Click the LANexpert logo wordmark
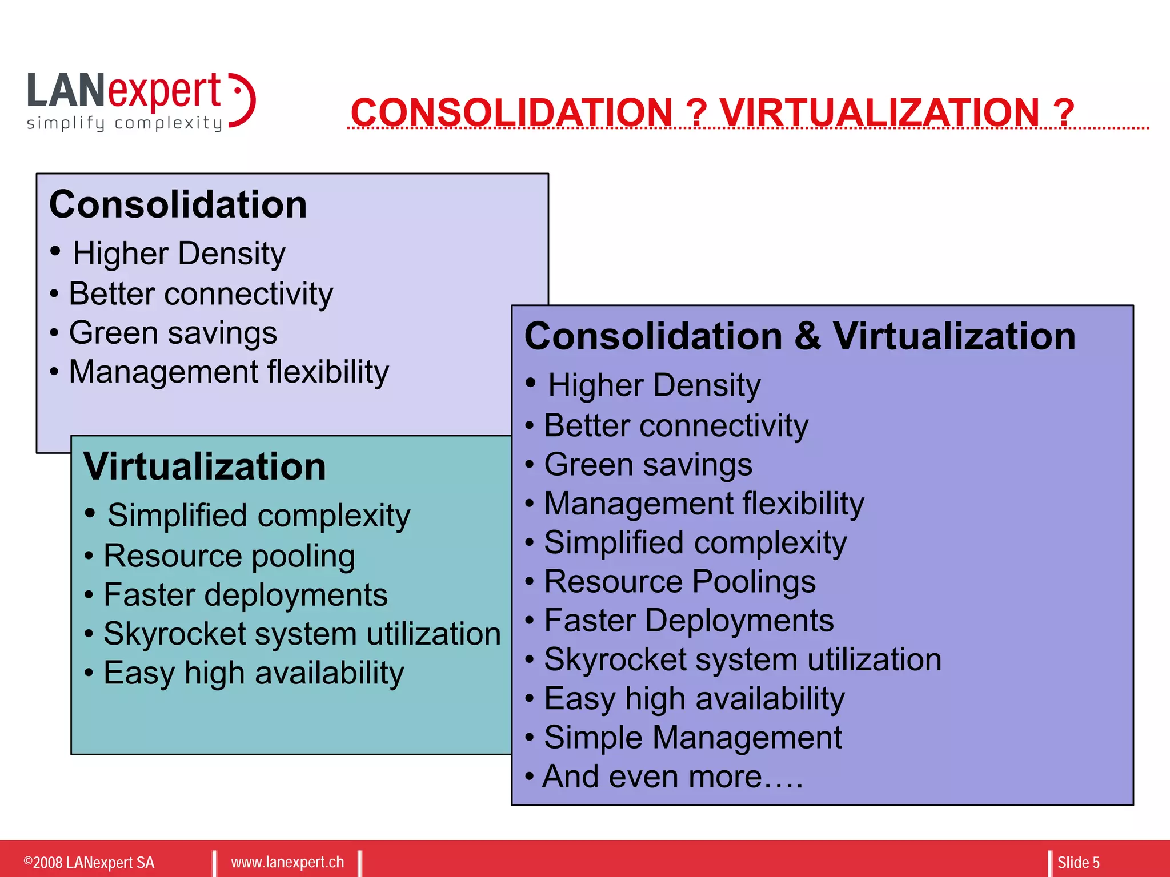pyautogui.click(x=125, y=91)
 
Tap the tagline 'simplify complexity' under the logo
pyautogui.click(x=125, y=123)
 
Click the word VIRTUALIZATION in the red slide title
pyautogui.click(x=879, y=112)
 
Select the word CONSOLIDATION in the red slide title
pyautogui.click(x=511, y=112)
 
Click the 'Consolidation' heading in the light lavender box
pyautogui.click(x=178, y=204)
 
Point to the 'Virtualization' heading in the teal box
pyautogui.click(x=205, y=466)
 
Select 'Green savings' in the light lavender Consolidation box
pyautogui.click(x=173, y=333)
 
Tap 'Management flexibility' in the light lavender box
pyautogui.click(x=229, y=372)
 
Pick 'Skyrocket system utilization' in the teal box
pyautogui.click(x=302, y=634)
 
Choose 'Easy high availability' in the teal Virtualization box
pyautogui.click(x=253, y=673)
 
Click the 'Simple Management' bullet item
pyautogui.click(x=692, y=738)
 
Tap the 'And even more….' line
pyautogui.click(x=672, y=777)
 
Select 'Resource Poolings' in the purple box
pyautogui.click(x=679, y=582)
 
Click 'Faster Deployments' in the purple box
pyautogui.click(x=688, y=621)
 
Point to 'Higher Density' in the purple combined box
pyautogui.click(x=654, y=385)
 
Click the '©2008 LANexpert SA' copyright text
pyautogui.click(x=89, y=862)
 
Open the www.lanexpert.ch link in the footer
pyautogui.click(x=287, y=862)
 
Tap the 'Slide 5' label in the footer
pyautogui.click(x=1078, y=862)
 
